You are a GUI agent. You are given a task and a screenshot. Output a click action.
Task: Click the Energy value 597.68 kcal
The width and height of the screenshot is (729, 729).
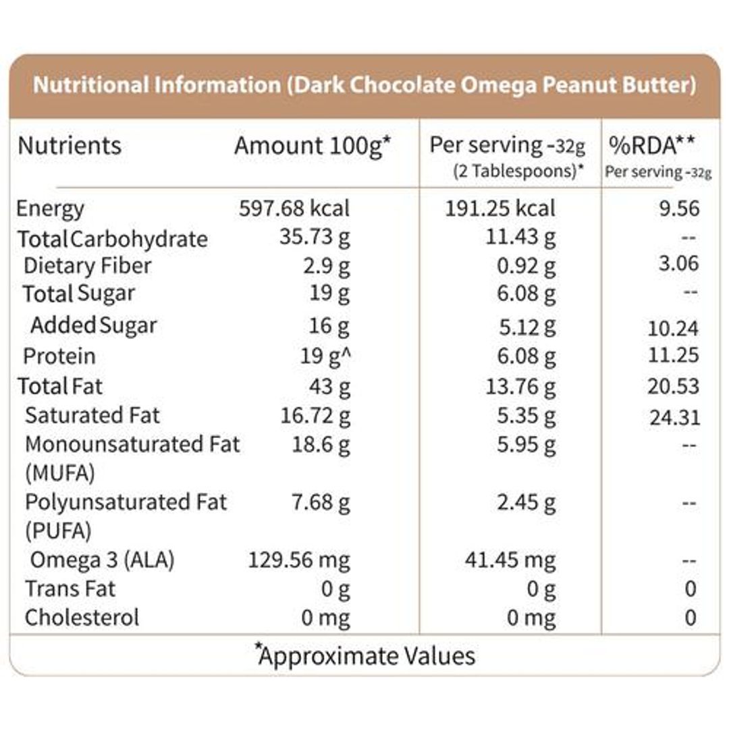(x=295, y=209)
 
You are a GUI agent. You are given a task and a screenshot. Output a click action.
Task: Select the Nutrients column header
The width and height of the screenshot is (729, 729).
(x=70, y=146)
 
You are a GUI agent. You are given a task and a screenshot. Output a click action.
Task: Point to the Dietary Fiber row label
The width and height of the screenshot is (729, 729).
(x=87, y=266)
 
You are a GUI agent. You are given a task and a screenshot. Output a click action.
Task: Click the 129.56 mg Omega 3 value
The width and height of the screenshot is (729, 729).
(x=300, y=560)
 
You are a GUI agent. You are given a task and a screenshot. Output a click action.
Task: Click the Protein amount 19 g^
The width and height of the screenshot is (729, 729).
(x=327, y=356)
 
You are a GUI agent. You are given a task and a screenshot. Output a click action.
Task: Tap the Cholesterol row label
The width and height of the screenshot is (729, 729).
(x=82, y=617)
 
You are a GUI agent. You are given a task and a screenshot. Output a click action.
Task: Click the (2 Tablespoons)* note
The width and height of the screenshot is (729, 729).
(x=518, y=171)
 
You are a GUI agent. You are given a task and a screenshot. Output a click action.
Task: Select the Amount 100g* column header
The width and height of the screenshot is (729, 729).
(x=313, y=146)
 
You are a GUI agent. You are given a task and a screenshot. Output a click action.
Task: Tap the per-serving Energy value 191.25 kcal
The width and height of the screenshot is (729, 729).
(x=500, y=209)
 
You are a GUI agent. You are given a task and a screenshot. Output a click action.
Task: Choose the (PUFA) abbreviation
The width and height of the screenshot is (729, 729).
(x=57, y=531)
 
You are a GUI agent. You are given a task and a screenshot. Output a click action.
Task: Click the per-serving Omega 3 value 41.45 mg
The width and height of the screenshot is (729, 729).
(x=511, y=560)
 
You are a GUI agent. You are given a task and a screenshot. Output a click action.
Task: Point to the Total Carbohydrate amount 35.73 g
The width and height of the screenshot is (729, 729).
(x=315, y=238)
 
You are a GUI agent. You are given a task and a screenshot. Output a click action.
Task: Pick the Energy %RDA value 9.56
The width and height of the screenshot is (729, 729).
(x=678, y=209)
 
